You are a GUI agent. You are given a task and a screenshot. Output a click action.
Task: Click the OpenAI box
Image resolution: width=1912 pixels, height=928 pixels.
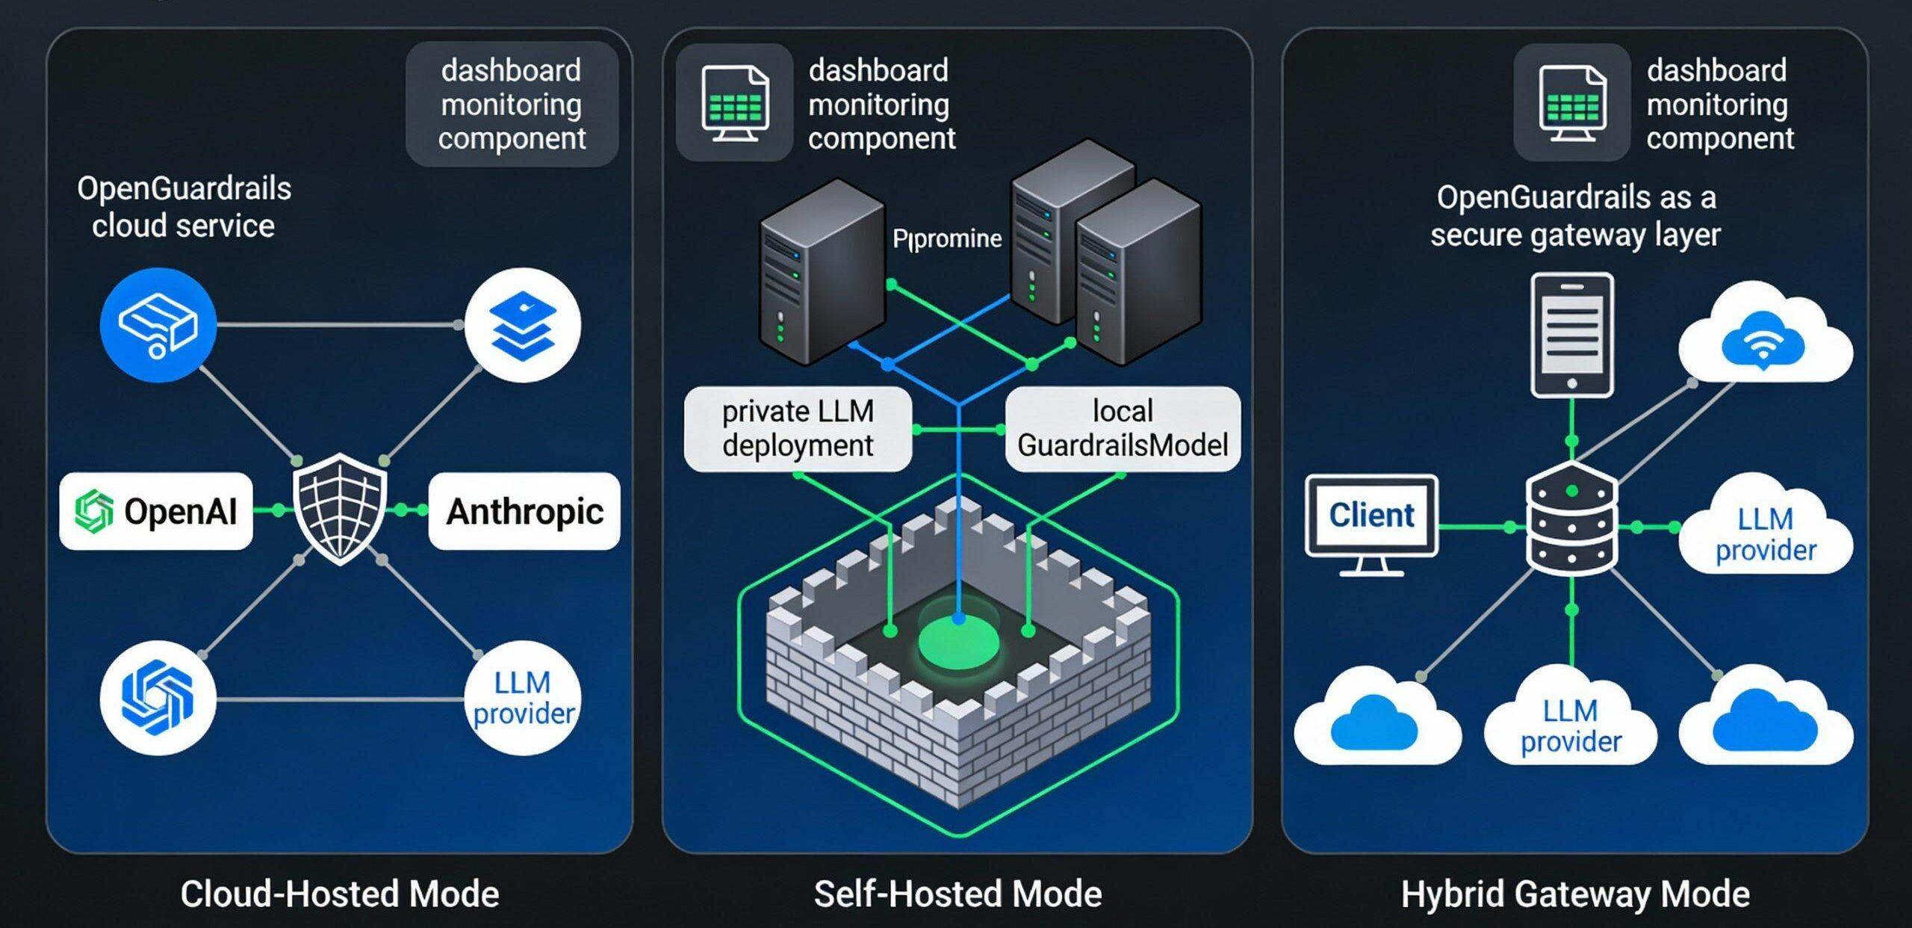click(x=156, y=511)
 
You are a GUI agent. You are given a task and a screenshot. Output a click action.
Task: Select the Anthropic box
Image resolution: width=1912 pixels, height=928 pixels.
click(x=524, y=511)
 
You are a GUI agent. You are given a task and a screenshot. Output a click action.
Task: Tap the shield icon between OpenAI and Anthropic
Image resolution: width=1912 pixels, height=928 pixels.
click(x=340, y=508)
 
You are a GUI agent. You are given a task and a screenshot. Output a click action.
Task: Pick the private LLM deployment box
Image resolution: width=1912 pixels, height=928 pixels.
click(x=798, y=429)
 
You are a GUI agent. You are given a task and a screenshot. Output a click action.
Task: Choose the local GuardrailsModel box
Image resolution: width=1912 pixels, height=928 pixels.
click(x=1123, y=429)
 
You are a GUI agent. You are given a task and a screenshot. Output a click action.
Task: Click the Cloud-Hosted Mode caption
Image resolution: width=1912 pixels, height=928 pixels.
click(x=340, y=894)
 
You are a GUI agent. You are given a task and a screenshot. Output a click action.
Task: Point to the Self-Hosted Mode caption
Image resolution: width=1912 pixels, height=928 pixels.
click(x=957, y=894)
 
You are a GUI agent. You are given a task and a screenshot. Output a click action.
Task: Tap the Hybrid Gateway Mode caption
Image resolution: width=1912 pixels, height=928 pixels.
click(x=1575, y=894)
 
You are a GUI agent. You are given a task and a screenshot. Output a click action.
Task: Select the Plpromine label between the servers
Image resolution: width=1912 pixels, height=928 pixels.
click(x=947, y=239)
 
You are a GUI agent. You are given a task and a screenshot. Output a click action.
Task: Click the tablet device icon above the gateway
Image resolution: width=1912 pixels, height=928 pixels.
click(x=1572, y=335)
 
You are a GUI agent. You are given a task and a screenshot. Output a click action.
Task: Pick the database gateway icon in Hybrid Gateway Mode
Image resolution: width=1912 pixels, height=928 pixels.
click(x=1572, y=519)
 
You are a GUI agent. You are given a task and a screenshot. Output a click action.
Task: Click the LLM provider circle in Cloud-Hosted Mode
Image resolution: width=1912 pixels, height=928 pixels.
click(x=523, y=698)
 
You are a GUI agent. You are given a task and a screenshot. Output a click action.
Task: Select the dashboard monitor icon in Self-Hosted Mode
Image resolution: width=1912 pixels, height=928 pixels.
click(x=735, y=103)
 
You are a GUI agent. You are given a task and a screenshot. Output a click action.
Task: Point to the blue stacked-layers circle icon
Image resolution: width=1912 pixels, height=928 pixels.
click(x=523, y=326)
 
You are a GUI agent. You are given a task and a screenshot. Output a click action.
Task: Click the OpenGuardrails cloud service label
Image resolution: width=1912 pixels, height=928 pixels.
click(x=184, y=207)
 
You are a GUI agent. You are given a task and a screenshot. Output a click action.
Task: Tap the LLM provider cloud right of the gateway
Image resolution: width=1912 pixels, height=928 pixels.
click(x=1764, y=532)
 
